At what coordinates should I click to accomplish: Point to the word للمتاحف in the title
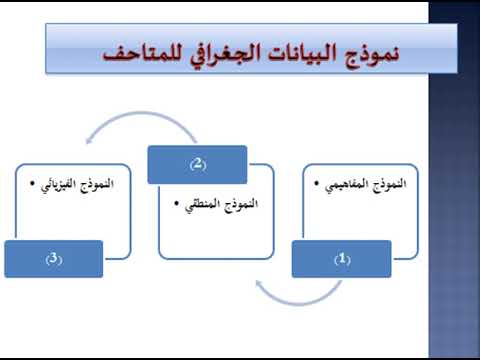pyautogui.click(x=143, y=53)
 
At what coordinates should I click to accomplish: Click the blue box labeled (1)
pyautogui.click(x=342, y=259)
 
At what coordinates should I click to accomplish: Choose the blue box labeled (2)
pyautogui.click(x=197, y=164)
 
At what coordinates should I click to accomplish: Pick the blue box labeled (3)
pyautogui.click(x=54, y=259)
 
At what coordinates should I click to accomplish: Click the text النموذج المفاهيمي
pyautogui.click(x=366, y=185)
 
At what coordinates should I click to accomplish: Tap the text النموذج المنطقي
pyautogui.click(x=222, y=205)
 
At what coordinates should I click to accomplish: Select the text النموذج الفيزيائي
pyautogui.click(x=77, y=185)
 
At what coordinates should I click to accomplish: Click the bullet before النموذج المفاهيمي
pyautogui.click(x=317, y=183)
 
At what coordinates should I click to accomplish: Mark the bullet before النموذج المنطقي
pyautogui.click(x=177, y=203)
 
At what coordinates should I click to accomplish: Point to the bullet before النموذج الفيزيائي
pyautogui.click(x=32, y=183)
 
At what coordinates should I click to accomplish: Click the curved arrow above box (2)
pyautogui.click(x=142, y=113)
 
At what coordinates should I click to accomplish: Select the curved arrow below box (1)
pyautogui.click(x=298, y=303)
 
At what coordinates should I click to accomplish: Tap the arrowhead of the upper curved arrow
pyautogui.click(x=89, y=141)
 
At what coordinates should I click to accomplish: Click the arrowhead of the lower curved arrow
pyautogui.click(x=259, y=283)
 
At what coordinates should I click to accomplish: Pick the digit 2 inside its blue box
pyautogui.click(x=198, y=163)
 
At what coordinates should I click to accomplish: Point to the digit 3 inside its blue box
pyautogui.click(x=54, y=258)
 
